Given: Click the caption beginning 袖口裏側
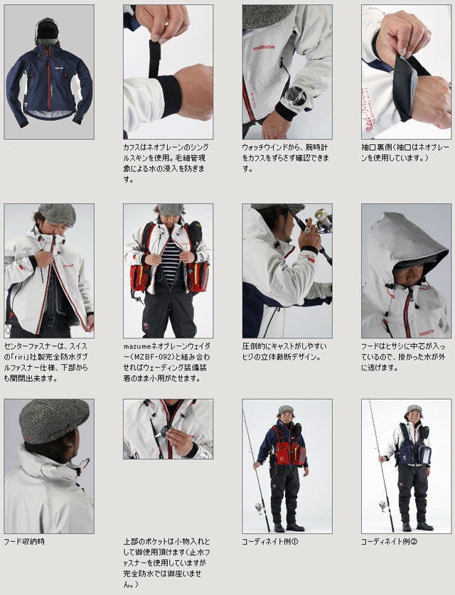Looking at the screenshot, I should [x=405, y=152].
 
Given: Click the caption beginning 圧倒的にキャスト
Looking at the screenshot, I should [x=284, y=350].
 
